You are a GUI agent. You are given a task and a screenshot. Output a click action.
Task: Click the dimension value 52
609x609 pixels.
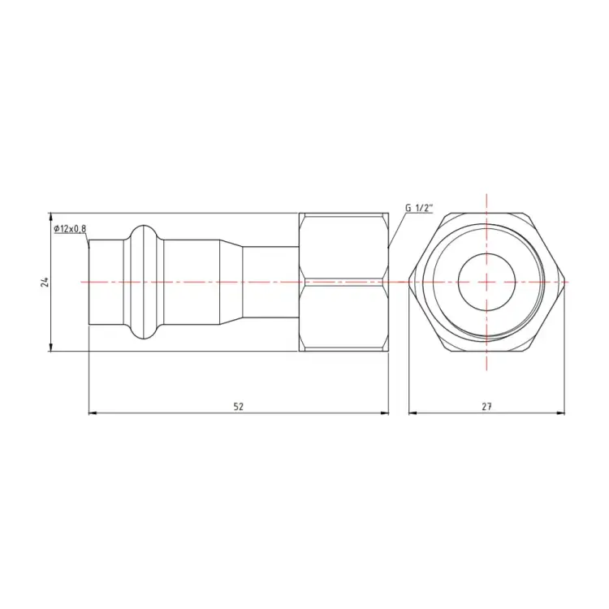pos(238,406)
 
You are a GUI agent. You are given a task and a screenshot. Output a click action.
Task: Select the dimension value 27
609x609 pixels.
pos(486,406)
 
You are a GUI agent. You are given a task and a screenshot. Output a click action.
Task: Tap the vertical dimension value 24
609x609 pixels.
pos(45,282)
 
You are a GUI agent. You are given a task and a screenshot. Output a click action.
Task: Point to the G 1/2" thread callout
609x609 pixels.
pos(420,208)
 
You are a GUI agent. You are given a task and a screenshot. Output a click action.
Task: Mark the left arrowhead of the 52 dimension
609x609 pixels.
pos(92,413)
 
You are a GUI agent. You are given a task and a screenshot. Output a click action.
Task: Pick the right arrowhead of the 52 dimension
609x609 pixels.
pos(385,413)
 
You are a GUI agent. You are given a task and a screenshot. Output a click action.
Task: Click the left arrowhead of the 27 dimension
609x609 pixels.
pos(412,413)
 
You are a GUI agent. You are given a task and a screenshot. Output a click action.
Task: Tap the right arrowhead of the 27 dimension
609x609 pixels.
pos(562,413)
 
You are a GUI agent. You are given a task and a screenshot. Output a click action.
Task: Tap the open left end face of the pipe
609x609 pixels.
pos(89,281)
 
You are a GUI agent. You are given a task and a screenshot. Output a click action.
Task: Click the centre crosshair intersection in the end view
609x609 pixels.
pos(486,281)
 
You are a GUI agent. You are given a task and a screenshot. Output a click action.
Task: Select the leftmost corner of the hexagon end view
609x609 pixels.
pos(408,281)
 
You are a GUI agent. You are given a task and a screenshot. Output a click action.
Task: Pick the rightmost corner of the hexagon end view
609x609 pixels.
pos(565,281)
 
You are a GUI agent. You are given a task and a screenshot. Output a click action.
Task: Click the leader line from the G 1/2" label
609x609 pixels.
pos(396,229)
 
